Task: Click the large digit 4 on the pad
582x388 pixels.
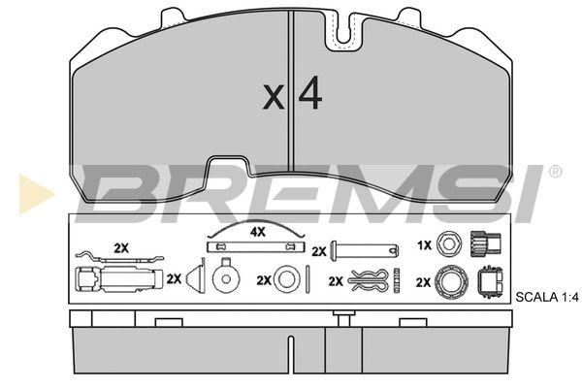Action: [x=310, y=93]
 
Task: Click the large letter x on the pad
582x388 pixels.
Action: [x=274, y=97]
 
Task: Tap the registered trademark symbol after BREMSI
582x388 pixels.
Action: [x=555, y=172]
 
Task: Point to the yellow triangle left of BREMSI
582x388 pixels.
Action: [x=36, y=193]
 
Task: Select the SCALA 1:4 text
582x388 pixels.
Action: [x=547, y=298]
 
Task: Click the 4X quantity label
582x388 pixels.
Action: [x=258, y=233]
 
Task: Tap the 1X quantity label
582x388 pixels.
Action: [x=424, y=245]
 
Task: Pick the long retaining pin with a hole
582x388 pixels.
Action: [x=365, y=250]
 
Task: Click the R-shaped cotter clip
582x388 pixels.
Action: [x=369, y=281]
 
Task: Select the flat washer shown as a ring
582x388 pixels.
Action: [x=287, y=278]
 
